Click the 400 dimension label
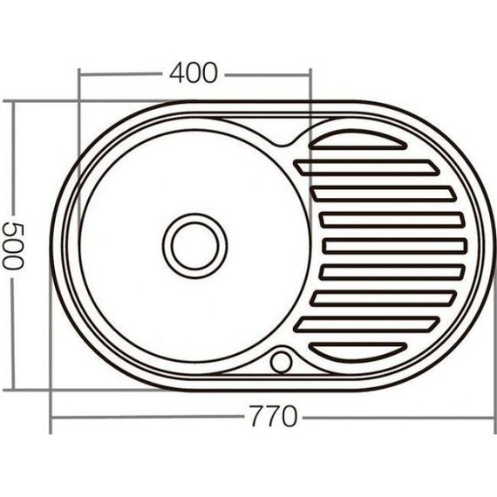pos(193,73)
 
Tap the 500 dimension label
pos(11,247)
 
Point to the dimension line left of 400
pos(122,74)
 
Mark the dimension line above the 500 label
pos(12,157)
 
